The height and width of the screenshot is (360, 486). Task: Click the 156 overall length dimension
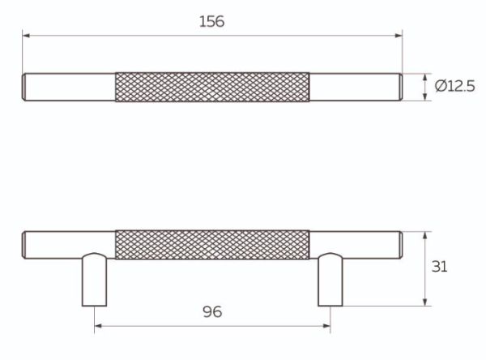211,22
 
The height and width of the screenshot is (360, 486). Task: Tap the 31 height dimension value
441,267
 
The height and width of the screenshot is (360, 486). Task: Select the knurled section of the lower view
212,243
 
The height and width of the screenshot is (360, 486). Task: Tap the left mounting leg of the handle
94,281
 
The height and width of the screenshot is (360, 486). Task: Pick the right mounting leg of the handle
330,281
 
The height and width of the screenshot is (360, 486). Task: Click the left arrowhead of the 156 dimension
26,35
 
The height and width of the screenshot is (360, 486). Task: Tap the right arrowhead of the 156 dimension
399,35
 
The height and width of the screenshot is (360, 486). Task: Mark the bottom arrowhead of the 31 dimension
426,302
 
